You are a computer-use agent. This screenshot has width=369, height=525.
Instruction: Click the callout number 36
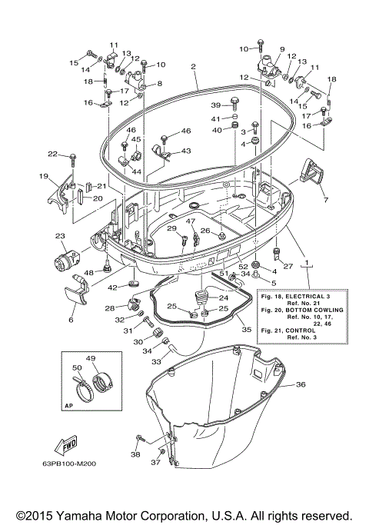click(301, 384)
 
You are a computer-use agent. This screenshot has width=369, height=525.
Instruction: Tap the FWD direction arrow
click(65, 445)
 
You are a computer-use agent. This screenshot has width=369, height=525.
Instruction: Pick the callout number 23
click(59, 236)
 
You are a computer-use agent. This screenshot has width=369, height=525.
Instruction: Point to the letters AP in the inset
click(69, 405)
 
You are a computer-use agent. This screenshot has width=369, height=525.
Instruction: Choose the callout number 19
click(45, 176)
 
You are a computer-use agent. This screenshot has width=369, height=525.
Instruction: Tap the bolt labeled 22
click(73, 159)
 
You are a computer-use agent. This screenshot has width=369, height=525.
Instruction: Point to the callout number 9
click(282, 49)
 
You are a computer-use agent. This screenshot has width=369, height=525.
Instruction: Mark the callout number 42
click(112, 287)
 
